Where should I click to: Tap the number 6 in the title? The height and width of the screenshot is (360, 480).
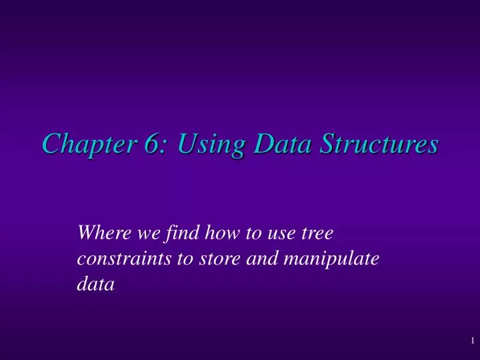(149, 144)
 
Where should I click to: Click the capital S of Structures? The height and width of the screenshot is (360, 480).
(323, 144)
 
